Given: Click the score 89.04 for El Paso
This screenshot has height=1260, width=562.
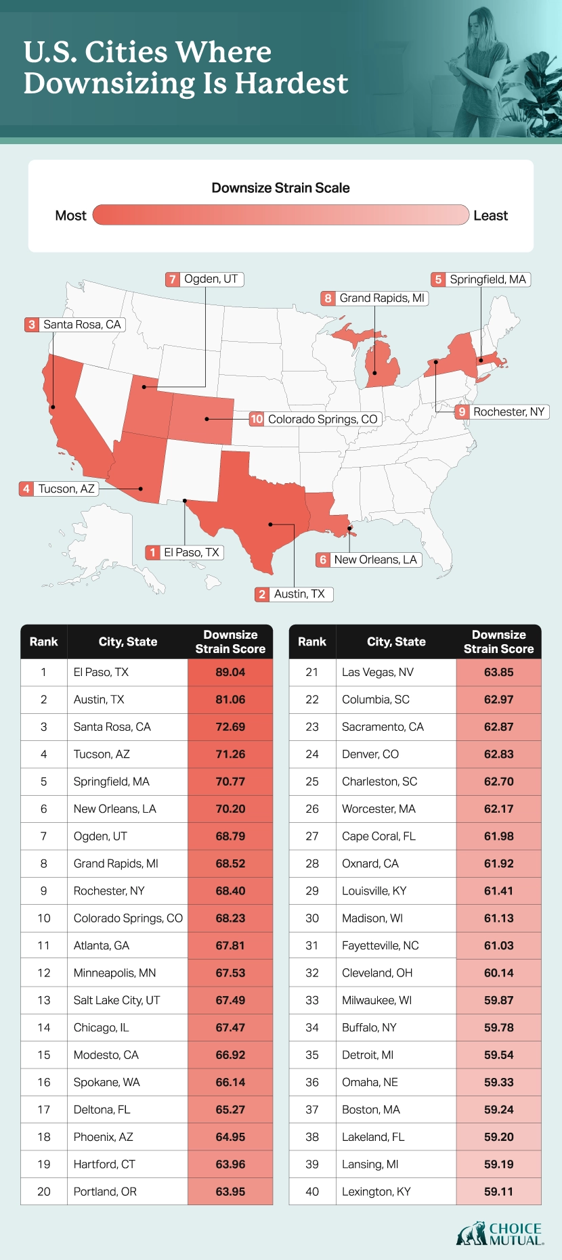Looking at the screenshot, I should (230, 672).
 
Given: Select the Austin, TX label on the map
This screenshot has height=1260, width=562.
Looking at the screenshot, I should (299, 594).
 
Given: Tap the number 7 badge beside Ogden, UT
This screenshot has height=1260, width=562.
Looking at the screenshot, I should (173, 279).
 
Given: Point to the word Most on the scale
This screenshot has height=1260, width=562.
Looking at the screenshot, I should (70, 215).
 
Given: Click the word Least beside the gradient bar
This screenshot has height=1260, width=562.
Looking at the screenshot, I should (490, 215).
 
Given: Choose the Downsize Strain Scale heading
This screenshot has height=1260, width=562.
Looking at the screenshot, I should (280, 187).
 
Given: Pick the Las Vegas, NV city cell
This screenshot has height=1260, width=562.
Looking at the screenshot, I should (377, 672).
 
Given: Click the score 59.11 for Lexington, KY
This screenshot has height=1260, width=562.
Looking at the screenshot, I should (498, 1192).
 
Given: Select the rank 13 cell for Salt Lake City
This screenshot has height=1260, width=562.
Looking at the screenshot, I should (44, 1000).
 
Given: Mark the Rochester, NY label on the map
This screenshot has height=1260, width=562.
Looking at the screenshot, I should (509, 411).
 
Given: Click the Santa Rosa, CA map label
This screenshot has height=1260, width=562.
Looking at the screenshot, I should (82, 325).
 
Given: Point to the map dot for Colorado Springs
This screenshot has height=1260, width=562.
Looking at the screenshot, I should (207, 419).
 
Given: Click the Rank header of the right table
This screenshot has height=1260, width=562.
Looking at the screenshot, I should (312, 642).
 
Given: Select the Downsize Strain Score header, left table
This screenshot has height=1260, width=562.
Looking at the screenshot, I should (230, 642).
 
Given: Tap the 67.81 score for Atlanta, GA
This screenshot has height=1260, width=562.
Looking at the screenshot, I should (230, 945).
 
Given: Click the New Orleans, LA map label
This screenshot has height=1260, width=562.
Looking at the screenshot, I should (375, 560).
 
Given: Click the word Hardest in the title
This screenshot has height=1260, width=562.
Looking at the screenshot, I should (291, 83).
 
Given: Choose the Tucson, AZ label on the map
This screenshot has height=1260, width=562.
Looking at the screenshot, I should (66, 489).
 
